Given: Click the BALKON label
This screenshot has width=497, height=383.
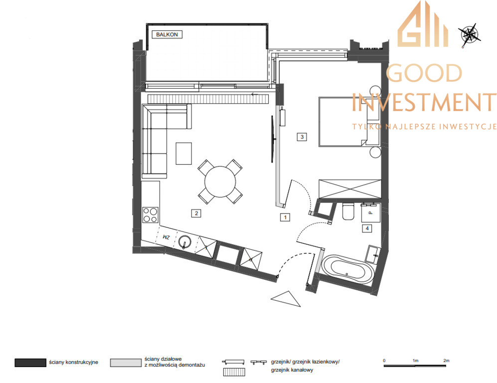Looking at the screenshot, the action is [167, 34].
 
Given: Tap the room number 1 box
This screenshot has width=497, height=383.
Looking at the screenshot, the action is [285, 217].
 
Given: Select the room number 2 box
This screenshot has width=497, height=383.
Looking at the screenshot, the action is [196, 213].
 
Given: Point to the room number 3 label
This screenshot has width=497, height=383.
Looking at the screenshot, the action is [302, 137].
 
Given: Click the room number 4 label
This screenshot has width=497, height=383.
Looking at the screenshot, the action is [367, 228].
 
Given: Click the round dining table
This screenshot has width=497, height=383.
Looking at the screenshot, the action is [220, 182].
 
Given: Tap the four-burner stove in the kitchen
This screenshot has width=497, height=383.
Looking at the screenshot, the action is [150, 214].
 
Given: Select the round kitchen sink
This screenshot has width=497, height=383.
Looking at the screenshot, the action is [185, 242].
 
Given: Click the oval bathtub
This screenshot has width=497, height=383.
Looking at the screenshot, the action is [347, 269].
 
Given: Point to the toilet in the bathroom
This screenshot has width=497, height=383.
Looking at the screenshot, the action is [348, 211].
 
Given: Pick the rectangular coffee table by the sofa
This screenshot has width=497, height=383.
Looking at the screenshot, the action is [184, 154].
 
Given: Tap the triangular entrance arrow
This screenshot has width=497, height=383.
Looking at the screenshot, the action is [286, 298].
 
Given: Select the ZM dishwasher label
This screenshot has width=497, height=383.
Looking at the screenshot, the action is [166, 237].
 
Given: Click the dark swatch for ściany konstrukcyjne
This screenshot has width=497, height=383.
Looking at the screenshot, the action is [30, 363].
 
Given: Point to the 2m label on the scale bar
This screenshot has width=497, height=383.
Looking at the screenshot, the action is [446, 361].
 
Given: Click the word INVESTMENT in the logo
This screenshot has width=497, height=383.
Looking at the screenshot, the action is [424, 102].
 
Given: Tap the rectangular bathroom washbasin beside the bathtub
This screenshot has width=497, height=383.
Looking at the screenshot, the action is [373, 254].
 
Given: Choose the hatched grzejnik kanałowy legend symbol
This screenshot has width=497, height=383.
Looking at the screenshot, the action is [234, 372].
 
